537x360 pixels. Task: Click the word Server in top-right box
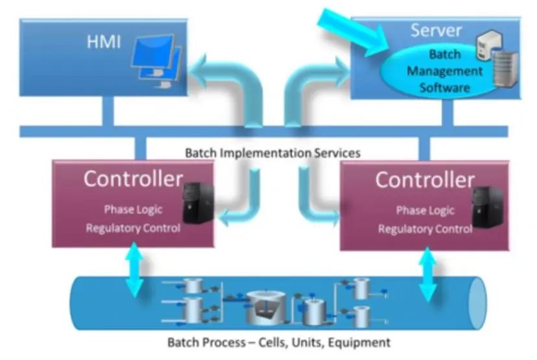(436, 30)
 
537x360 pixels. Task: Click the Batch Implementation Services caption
(272, 154)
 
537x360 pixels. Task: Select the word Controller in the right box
(425, 180)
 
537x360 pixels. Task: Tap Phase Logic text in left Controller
(133, 210)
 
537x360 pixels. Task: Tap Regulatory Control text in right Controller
(425, 229)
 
